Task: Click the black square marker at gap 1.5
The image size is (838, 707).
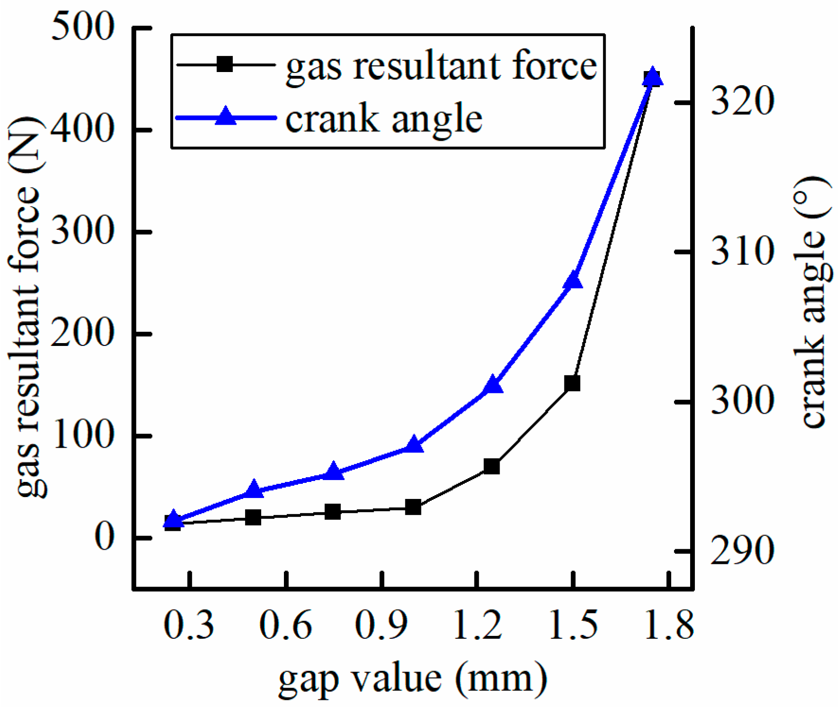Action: (572, 383)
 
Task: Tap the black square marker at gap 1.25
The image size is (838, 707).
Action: (492, 466)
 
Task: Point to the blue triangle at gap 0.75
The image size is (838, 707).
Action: (334, 472)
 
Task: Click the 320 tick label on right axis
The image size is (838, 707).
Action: (742, 101)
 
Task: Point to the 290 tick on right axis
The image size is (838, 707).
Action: (742, 551)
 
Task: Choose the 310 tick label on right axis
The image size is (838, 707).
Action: (742, 251)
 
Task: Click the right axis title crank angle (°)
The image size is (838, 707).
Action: (811, 301)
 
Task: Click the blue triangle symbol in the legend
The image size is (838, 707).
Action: (226, 117)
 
